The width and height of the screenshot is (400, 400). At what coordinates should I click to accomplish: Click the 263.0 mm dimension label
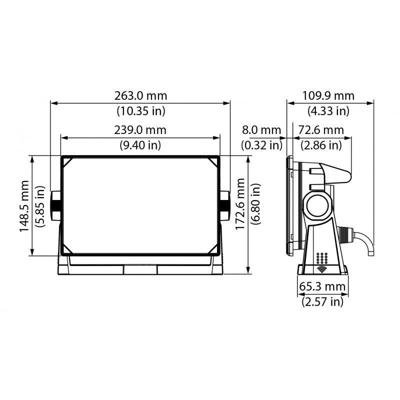140,95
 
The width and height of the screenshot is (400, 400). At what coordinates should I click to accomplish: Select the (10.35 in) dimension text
140,110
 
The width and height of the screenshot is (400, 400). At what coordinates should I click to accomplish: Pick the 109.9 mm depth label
329,95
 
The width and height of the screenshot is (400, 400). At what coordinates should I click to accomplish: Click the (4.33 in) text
329,110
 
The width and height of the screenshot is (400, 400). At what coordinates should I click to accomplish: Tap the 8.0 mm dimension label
261,130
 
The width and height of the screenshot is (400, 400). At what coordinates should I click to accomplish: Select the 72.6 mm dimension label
321,130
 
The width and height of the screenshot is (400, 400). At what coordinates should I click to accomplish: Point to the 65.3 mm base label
322,286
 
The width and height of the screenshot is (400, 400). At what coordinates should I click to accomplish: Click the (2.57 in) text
322,301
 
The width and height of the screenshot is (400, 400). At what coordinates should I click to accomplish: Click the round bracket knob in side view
316,205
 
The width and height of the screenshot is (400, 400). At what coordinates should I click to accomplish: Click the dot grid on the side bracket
322,258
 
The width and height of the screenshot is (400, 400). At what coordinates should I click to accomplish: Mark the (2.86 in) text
321,145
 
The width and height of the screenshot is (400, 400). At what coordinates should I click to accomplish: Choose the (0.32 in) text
261,145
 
